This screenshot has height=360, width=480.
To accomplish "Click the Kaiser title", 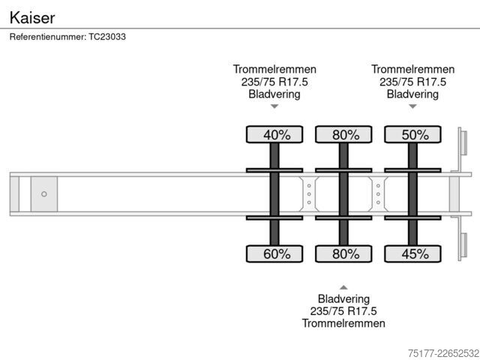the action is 32,18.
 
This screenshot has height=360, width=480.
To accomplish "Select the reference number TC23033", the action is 107,37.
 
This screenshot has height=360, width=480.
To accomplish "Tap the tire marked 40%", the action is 274,134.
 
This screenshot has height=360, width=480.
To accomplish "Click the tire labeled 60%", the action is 274,253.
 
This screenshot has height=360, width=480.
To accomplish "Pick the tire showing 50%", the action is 412,134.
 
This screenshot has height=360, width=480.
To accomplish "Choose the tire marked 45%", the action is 412,253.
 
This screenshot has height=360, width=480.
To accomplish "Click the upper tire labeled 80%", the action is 343,134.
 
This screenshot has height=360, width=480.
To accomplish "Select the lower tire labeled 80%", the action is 343,253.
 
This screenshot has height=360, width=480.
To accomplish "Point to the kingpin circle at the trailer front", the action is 44,194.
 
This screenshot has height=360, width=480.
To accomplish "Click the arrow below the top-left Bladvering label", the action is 274,106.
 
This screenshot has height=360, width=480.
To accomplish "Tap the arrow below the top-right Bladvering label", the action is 412,106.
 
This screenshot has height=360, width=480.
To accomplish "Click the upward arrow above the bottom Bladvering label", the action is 343,287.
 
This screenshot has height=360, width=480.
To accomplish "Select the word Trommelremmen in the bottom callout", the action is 343,323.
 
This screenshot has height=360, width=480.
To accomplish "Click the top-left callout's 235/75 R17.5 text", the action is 274,82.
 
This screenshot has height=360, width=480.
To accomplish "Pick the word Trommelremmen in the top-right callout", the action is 412,69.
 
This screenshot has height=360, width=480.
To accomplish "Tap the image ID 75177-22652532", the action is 443,353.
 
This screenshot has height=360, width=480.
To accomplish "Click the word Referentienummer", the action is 48,37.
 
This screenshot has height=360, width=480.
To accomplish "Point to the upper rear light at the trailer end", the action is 463,143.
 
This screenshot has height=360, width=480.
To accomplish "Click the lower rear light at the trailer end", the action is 463,245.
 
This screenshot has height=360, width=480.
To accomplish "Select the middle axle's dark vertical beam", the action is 343,194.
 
